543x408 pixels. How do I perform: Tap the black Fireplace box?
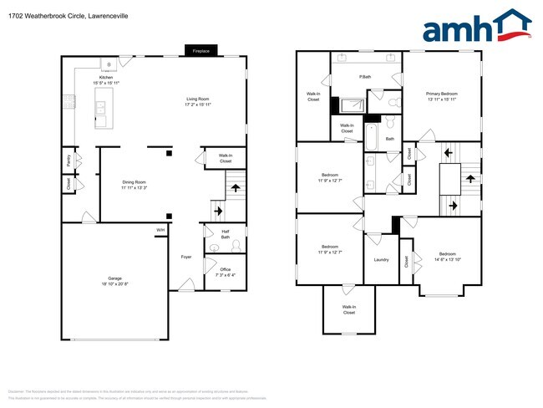point(200,50)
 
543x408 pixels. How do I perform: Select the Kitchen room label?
point(106,80)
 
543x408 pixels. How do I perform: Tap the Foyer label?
point(186,257)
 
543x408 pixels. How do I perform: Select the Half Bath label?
point(225,235)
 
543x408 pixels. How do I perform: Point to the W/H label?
point(160,230)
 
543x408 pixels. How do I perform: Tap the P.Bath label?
point(365,78)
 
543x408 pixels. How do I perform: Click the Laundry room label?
point(382,259)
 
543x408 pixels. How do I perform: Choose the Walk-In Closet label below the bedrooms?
point(348,310)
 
